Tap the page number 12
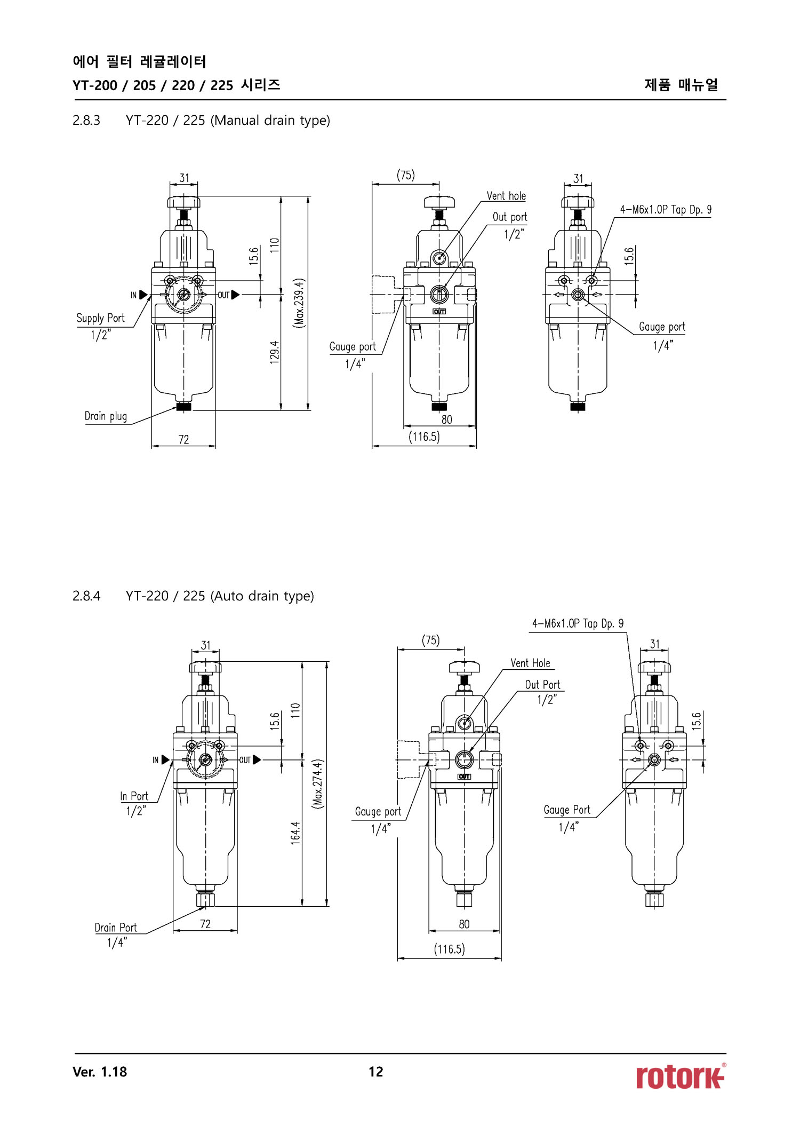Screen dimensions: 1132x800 [375, 1072]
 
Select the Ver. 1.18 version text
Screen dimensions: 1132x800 [100, 1072]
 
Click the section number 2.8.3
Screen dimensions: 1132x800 [86, 121]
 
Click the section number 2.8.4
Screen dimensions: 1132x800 [86, 596]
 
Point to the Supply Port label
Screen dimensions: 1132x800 [100, 319]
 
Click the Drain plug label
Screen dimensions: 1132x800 [106, 416]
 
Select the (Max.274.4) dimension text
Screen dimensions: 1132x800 [318, 783]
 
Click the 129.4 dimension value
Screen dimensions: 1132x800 [275, 352]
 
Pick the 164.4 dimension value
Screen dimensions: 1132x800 [295, 833]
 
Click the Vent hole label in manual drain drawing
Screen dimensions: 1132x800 [506, 196]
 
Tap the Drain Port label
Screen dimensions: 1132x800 [116, 928]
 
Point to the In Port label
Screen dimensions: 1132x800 [134, 796]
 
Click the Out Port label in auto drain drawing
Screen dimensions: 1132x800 [542, 685]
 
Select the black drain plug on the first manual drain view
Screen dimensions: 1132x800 [184, 407]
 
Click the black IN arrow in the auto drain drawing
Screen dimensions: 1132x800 [165, 759]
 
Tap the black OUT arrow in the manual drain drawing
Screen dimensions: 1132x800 [235, 295]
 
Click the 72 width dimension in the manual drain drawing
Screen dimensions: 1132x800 [183, 439]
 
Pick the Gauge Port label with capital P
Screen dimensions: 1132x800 [567, 810]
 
